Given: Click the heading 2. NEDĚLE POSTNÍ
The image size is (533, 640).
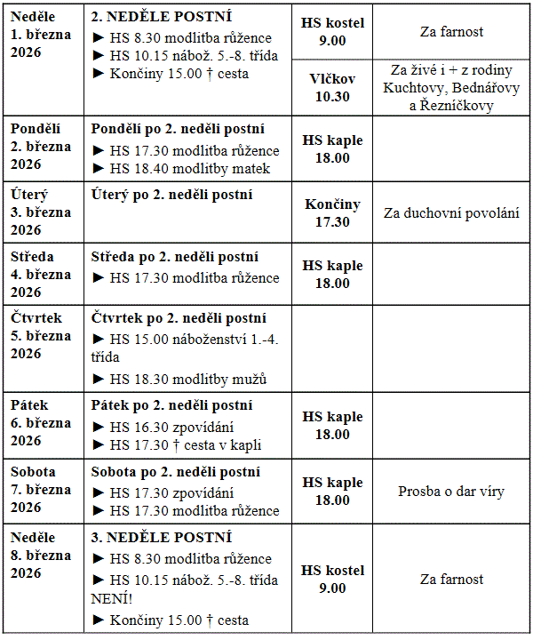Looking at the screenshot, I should [161, 17].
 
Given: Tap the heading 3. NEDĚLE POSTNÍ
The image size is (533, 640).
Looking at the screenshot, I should [161, 538].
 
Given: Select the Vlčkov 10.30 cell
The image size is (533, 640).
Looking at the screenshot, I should [332, 87].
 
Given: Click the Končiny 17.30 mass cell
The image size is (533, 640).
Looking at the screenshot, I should [332, 213].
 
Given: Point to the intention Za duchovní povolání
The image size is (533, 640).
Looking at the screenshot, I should [451, 213].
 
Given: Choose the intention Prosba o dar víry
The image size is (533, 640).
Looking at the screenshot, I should [451, 491].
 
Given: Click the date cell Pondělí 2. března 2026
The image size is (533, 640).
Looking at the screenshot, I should [41, 147].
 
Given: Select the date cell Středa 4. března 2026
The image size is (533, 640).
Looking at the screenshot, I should [41, 275].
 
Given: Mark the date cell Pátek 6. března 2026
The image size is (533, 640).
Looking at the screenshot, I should [41, 423].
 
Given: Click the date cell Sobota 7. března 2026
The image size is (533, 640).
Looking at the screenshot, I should [41, 490].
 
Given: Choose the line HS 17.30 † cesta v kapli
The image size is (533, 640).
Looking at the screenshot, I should [185, 445].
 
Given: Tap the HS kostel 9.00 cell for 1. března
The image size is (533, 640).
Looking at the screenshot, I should [332, 31].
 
